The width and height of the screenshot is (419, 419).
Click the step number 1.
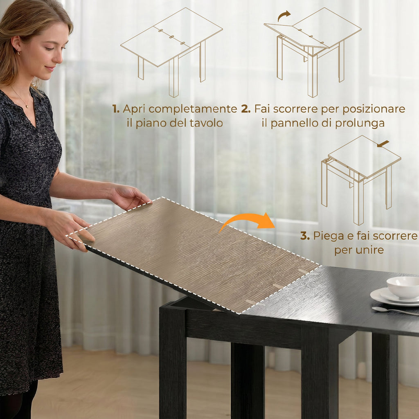point(115,109)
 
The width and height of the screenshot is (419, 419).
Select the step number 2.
point(246,109)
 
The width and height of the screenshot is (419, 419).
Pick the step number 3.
point(305,236)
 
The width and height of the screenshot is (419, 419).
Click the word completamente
point(193,109)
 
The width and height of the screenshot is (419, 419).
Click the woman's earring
point(19,53)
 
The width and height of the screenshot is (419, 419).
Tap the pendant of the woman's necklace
point(27,106)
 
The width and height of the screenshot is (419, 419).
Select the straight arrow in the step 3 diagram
point(383,144)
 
